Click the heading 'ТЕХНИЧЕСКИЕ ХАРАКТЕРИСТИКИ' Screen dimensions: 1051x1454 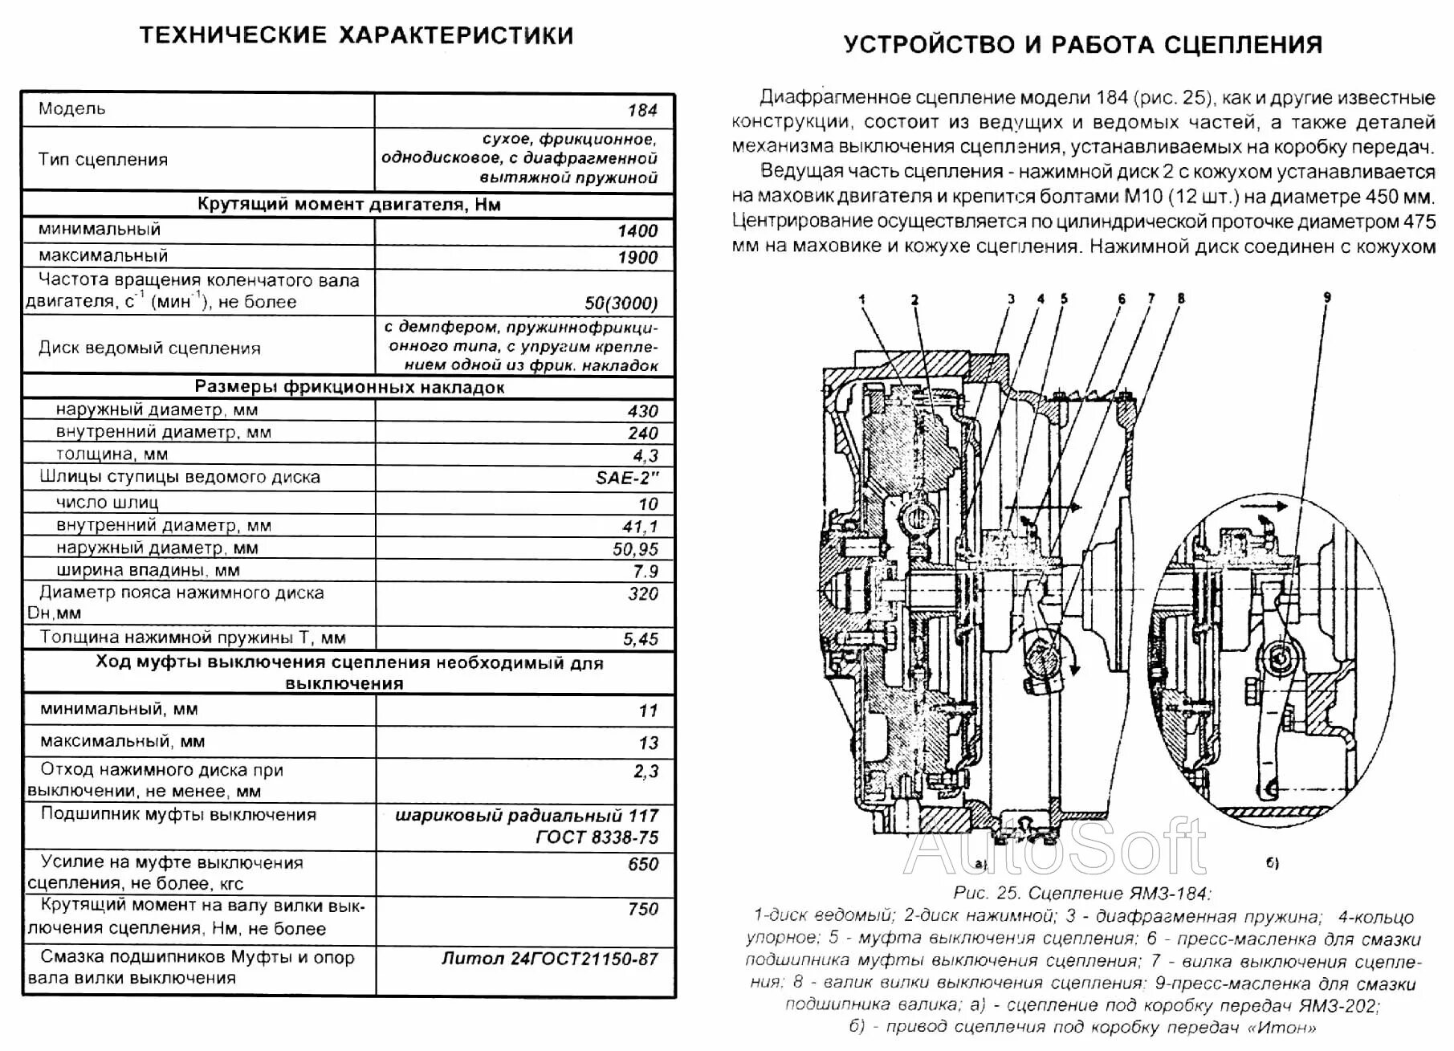(356, 36)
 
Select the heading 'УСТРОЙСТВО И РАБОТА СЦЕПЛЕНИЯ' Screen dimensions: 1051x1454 (1083, 44)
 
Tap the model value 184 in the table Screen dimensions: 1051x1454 (642, 111)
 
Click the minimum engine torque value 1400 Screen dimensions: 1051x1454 (637, 231)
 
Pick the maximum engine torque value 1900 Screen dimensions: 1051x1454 (637, 258)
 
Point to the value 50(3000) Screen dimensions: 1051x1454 (621, 303)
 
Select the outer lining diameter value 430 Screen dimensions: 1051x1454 (642, 411)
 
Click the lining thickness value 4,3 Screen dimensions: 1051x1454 (645, 456)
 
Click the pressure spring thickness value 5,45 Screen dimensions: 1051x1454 (640, 639)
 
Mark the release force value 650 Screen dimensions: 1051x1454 (642, 865)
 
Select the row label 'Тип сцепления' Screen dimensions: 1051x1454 (103, 159)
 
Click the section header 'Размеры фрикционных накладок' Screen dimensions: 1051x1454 (349, 387)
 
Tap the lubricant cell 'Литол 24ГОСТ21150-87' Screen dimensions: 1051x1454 (549, 959)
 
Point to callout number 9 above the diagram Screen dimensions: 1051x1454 (1326, 298)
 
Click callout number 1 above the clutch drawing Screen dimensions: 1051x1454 (862, 299)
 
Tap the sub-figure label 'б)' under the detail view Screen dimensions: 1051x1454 (1271, 864)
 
